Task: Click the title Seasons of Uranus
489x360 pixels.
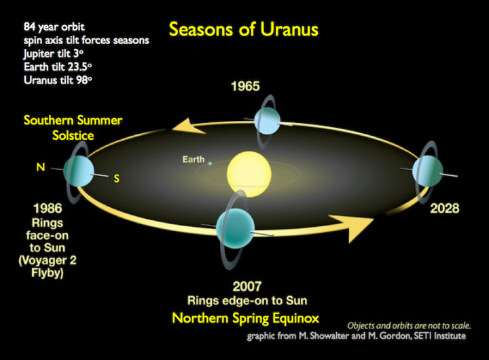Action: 243,29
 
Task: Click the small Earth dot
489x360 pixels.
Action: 210,162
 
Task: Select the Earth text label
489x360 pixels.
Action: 193,160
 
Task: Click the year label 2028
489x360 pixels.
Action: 444,208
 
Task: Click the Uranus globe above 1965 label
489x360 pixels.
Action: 267,120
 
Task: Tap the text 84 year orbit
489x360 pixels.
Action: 46,27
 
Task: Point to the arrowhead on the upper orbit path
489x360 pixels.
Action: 180,126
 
